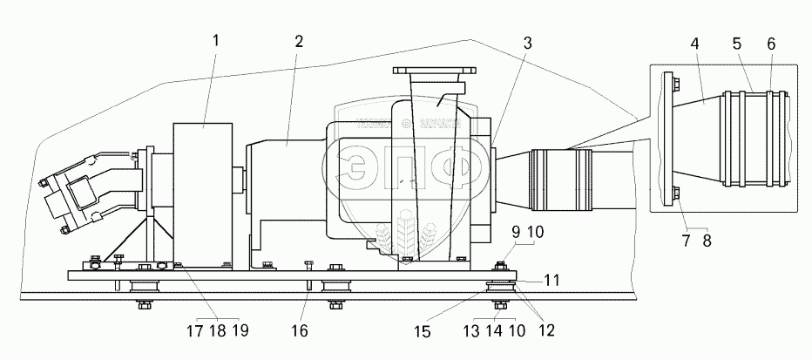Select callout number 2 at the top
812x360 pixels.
[299, 42]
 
